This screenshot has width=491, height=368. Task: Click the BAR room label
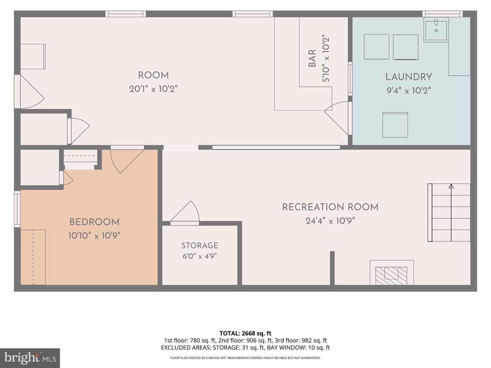coord(312,58)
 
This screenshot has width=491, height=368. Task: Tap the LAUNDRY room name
coord(409,77)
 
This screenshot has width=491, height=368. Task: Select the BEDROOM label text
coord(94,222)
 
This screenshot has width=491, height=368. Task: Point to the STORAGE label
coord(199,246)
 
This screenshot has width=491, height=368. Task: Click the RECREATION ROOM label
coord(330,207)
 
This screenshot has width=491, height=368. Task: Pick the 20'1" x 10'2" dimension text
coord(153,89)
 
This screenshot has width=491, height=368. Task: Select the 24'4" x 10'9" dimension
coord(330,221)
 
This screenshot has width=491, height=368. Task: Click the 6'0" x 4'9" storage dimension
coord(199,256)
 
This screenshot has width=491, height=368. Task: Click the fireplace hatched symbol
coord(391,276)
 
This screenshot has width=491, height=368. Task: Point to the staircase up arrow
coord(451,213)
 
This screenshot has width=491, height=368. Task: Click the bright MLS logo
coord(30,358)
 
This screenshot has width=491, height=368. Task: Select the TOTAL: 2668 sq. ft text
coord(245,333)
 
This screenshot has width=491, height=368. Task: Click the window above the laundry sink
coord(442,14)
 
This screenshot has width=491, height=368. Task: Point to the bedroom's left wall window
coord(17,209)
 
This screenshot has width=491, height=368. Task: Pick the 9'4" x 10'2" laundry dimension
coord(409,91)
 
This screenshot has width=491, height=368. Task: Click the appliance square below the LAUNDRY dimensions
coord(395,125)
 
